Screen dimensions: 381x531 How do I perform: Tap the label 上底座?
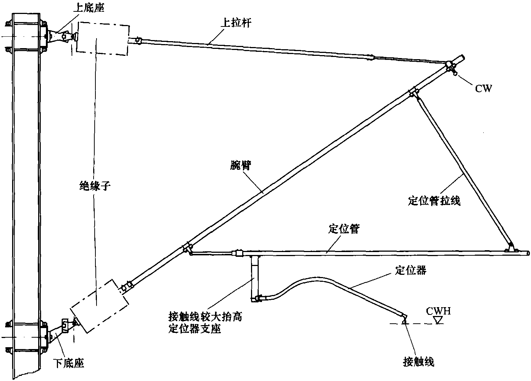[x=89, y=8]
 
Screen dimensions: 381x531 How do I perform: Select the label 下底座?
[x=69, y=363]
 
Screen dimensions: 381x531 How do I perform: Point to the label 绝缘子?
[x=95, y=186]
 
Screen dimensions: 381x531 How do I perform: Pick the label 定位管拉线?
[x=434, y=201]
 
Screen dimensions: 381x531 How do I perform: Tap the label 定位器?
[x=410, y=270]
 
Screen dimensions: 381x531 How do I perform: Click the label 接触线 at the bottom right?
[x=418, y=362]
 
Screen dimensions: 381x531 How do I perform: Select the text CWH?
[x=438, y=311]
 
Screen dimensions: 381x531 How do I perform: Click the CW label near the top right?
[x=483, y=88]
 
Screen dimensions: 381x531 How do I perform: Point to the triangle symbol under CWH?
[x=437, y=321]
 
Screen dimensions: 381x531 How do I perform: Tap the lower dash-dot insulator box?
[x=100, y=306]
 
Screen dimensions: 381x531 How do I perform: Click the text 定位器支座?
[x=194, y=329]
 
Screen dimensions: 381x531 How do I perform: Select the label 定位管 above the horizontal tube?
[x=343, y=229]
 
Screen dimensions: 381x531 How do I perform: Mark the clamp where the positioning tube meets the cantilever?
[x=187, y=249]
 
